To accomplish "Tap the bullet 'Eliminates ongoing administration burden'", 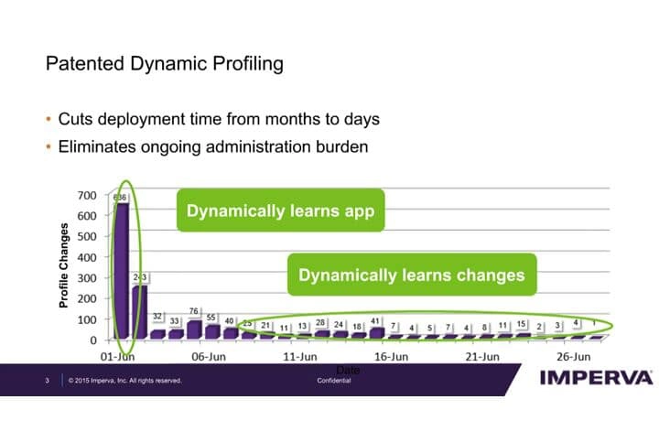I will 212,145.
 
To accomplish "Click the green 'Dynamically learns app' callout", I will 280,210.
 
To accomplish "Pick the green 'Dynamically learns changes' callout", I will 411,275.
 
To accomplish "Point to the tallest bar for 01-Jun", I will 121,270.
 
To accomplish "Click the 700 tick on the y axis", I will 86,196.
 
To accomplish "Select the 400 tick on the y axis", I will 86,257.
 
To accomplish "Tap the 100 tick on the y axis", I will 86,319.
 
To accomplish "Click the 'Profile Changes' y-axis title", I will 65,265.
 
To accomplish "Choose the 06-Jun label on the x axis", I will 209,356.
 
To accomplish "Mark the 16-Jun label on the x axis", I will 392,356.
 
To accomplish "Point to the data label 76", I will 193,311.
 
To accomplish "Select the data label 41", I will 376,321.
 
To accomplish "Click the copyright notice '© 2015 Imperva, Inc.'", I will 124,380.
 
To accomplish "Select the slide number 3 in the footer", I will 47,380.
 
